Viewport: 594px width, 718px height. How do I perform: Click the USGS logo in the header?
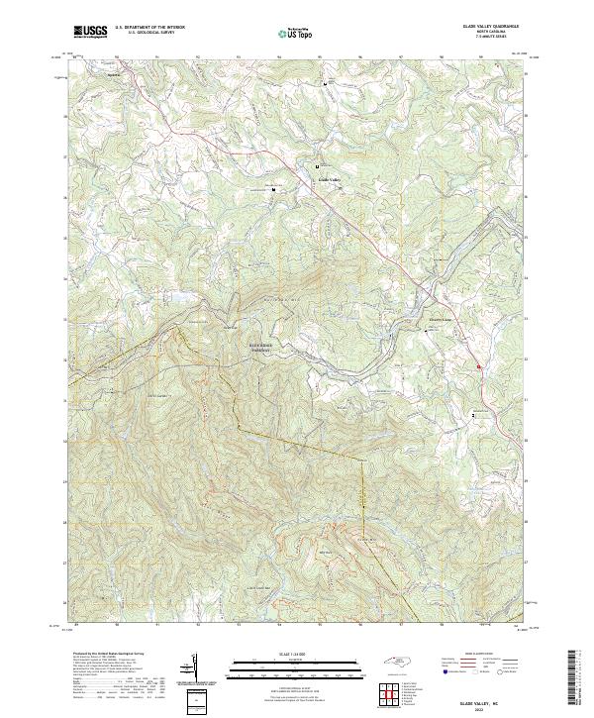(x=90, y=33)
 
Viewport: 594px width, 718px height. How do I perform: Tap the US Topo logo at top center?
(x=297, y=34)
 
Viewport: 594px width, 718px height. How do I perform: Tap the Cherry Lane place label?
(x=440, y=320)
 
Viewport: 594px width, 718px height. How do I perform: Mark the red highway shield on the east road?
(x=479, y=367)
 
